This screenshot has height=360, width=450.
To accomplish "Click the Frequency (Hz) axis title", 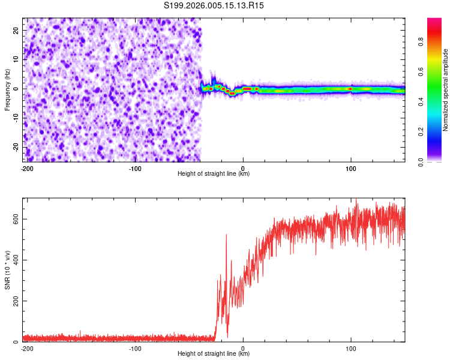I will tap(8, 89).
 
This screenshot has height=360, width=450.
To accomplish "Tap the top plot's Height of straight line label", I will tap(214, 174).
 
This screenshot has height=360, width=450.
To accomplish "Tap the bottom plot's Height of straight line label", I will tap(214, 354).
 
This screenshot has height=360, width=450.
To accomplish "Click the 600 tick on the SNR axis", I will tap(14, 219).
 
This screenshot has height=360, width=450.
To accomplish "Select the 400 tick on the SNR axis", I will tap(14, 260).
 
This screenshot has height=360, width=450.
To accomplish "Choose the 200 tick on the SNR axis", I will tap(14, 301).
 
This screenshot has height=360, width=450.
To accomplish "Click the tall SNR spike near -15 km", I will tap(226, 236).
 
